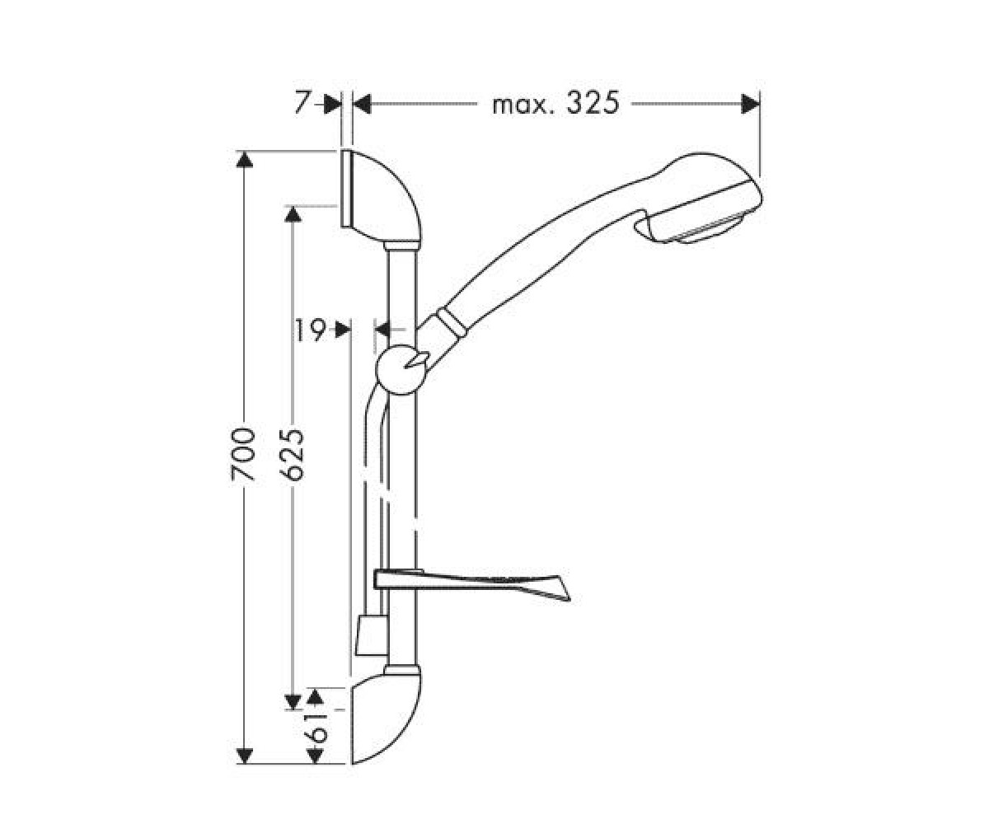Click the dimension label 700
coord(243,454)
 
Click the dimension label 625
coord(291,455)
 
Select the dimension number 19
coord(311,330)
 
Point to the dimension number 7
coord(302,102)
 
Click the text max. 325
coord(555,103)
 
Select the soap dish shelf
coord(471,585)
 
